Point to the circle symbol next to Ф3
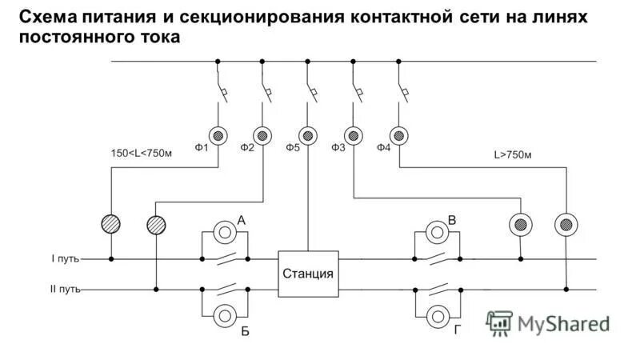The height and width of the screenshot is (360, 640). coord(353,134)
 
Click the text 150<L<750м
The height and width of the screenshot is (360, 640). coord(141,154)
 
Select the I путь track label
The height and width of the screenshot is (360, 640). coord(65,259)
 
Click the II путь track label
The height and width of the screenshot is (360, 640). coord(63,290)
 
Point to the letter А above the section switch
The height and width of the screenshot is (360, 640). coord(240,219)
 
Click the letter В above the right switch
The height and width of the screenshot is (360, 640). coord(452,219)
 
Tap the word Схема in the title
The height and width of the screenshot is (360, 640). coord(45,17)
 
